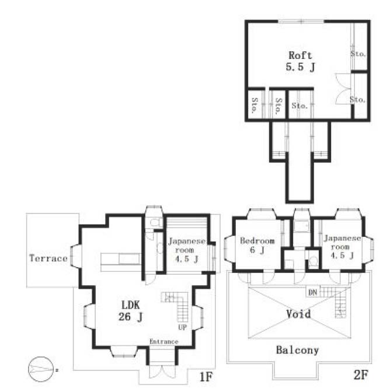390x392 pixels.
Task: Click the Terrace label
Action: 48,258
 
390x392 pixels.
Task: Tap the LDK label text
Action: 131,305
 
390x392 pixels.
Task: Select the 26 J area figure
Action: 130,317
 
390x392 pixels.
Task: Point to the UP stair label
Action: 182,327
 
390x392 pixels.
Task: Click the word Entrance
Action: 164,341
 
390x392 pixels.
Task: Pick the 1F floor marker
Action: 206,376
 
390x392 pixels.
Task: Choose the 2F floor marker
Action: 361,374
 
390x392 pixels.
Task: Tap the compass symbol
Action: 41,369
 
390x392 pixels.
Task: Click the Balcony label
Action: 297,350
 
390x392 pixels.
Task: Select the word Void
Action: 299,313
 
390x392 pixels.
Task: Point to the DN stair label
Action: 313,292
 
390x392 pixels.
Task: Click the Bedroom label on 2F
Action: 257,241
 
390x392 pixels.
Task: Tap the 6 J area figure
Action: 257,250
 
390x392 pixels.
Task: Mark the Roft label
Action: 300,55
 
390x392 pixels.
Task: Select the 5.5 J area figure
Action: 300,67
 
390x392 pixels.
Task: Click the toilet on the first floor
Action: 155,222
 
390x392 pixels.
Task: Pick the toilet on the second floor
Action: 313,261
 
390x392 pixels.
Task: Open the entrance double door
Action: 162,372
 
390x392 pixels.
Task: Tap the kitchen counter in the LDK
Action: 121,262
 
